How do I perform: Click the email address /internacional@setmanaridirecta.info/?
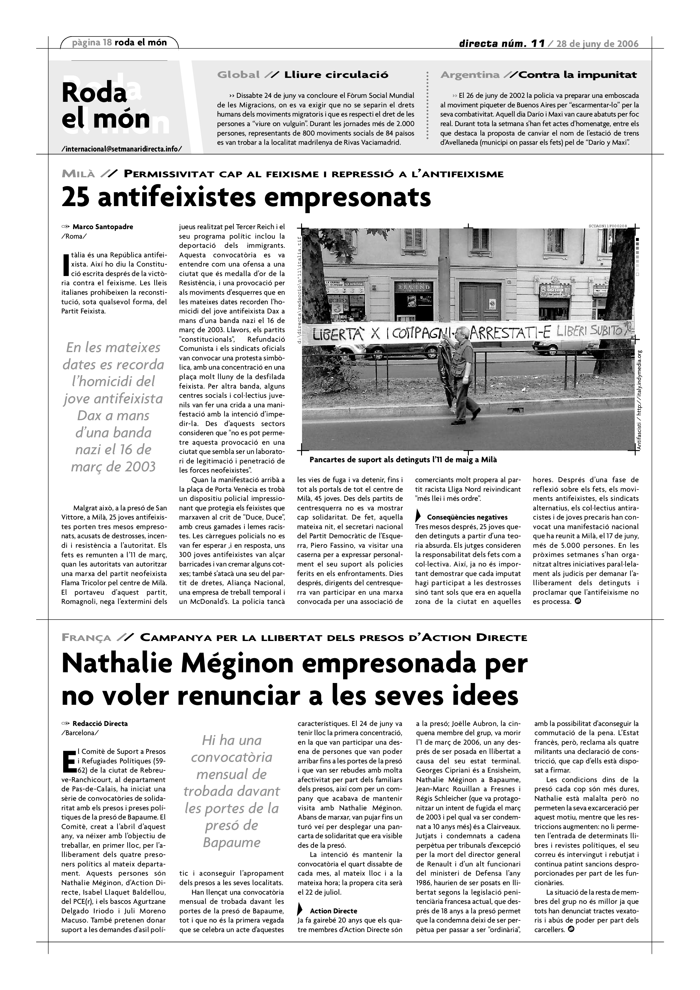click(121, 149)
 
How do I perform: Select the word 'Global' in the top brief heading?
click(238, 75)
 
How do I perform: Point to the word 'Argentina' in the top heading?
click(470, 75)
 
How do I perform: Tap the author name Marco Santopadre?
click(103, 227)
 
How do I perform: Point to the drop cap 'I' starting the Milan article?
click(66, 264)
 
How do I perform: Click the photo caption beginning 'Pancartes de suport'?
click(403, 460)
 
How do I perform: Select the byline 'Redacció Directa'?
click(100, 723)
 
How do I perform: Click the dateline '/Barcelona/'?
click(80, 733)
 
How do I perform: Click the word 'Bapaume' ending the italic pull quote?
click(231, 842)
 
